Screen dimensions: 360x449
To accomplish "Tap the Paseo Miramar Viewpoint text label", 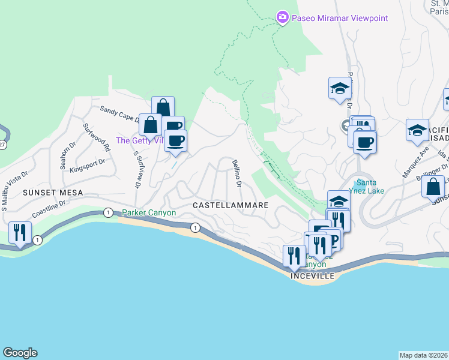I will click(340, 18).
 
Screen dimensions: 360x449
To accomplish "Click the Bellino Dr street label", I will click(237, 171).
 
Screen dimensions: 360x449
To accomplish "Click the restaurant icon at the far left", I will click(20, 233).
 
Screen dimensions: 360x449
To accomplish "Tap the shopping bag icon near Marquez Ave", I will click(433, 186).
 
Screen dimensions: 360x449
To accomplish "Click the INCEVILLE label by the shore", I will click(312, 276).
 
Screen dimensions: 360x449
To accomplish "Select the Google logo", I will click(20, 353).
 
